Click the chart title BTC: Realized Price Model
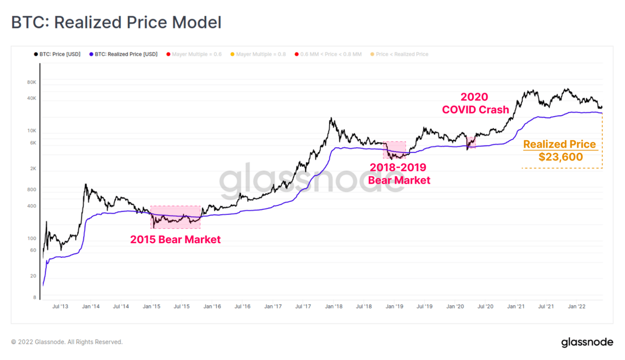point(116,22)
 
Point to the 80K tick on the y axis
point(31,82)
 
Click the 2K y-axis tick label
point(33,169)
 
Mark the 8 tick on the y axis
point(35,297)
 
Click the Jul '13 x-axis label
point(60,307)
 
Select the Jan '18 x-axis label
point(333,307)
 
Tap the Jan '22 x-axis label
point(576,307)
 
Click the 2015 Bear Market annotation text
point(175,240)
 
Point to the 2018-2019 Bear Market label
point(399,173)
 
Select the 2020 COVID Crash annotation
point(475,103)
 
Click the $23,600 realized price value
point(560,157)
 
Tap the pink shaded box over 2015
point(175,217)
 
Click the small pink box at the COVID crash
point(471,142)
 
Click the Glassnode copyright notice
point(67,342)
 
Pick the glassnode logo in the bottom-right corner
point(587,342)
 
